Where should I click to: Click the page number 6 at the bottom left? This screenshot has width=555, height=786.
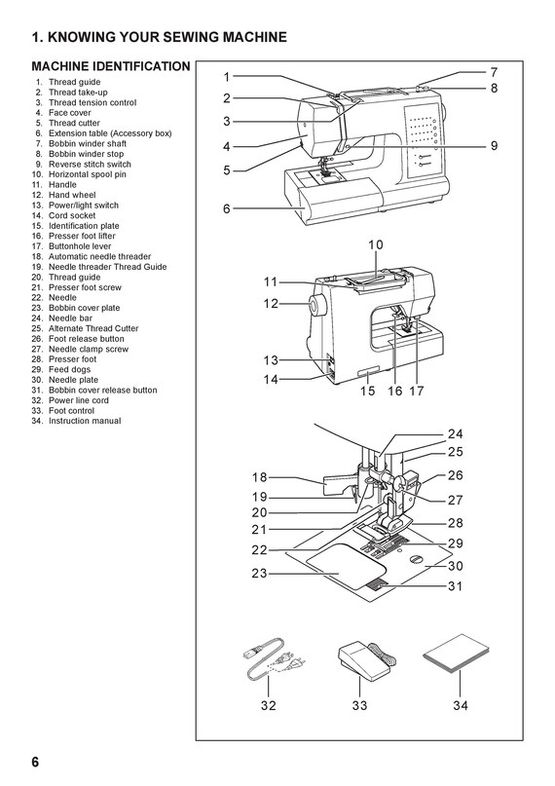(35, 762)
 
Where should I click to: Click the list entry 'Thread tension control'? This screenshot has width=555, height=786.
(92, 102)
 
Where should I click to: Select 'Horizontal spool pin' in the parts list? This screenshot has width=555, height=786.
(88, 174)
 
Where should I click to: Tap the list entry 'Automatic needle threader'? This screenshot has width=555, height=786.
(99, 257)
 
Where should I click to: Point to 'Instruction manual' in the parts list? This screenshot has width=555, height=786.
(85, 421)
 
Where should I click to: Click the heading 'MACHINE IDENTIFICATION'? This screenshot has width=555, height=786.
(111, 66)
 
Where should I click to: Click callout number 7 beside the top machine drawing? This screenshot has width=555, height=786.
(494, 72)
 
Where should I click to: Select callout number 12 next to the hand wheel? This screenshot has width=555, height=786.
(271, 304)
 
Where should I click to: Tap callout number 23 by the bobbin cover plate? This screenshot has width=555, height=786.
(259, 573)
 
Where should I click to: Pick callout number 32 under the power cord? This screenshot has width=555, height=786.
(269, 705)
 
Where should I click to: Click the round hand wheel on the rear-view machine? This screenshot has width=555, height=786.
(317, 305)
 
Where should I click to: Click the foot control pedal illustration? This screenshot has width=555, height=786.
(366, 657)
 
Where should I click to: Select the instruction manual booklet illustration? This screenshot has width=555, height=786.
(456, 653)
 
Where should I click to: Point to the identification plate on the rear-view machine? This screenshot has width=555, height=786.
(368, 372)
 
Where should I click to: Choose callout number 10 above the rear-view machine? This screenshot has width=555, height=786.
(376, 244)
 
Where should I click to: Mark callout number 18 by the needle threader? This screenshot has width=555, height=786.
(259, 477)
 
